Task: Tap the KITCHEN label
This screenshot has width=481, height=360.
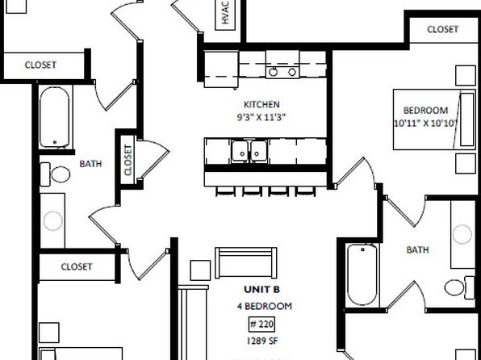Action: [x=261, y=104]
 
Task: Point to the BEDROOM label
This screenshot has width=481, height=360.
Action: [x=425, y=110]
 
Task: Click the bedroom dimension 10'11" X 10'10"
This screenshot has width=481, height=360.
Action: [x=426, y=123]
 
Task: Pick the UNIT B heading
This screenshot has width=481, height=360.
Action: [x=262, y=290]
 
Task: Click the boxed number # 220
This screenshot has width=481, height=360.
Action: [x=261, y=324]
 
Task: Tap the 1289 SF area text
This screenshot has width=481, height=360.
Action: [x=262, y=341]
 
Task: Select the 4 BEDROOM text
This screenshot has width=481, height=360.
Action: [x=265, y=306]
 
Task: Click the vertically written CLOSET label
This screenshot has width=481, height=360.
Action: [x=128, y=160]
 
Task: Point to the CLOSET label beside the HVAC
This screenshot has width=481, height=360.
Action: [x=442, y=29]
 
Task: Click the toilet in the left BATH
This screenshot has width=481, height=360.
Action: [x=55, y=174]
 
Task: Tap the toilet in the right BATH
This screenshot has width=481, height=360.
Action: [x=459, y=287]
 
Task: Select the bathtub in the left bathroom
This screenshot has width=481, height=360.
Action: [x=55, y=117]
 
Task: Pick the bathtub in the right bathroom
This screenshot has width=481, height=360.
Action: [x=362, y=274]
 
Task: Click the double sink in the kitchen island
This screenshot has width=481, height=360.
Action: [x=249, y=151]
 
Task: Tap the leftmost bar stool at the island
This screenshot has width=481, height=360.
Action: [x=225, y=190]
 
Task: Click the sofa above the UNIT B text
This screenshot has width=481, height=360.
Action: [x=245, y=262]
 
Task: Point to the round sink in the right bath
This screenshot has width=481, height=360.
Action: [x=462, y=234]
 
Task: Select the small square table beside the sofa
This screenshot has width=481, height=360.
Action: [x=200, y=270]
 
